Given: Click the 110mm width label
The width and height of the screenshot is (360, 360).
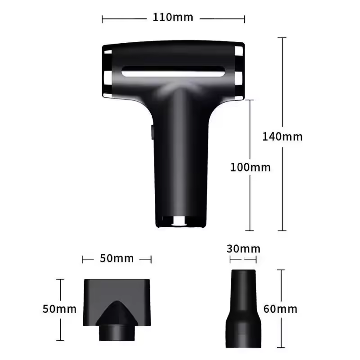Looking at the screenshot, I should (173, 18).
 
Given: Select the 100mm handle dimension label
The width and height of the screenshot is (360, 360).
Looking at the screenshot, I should (250, 167).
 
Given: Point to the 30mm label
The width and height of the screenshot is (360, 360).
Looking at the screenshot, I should (243, 249).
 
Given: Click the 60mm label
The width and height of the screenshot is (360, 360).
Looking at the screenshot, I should (280, 309).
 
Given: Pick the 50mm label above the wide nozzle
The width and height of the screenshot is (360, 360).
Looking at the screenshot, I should (117, 259).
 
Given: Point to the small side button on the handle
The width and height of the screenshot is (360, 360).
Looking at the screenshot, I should (152, 132).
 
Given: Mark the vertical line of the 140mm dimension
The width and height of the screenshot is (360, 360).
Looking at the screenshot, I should (283, 90).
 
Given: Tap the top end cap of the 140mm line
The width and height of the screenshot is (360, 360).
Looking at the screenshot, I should (283, 38).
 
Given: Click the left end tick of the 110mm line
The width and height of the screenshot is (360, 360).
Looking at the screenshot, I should (103, 19).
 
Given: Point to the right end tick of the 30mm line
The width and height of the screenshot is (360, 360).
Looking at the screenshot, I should (256, 260).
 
